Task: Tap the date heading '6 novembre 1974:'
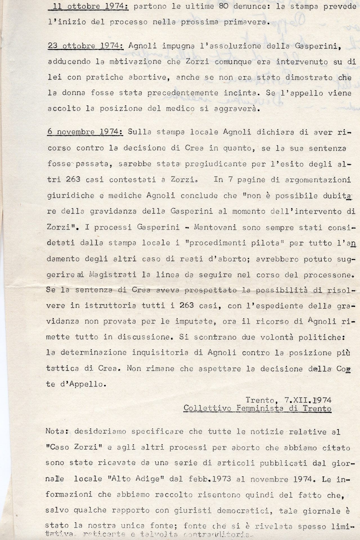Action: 86,132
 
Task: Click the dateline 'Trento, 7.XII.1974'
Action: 288,399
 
